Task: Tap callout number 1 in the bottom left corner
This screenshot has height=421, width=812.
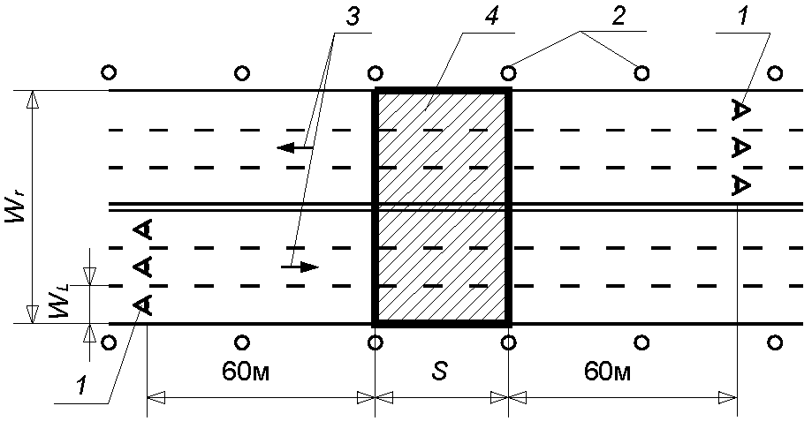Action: [x=80, y=387]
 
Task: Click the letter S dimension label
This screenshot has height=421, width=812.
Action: [x=440, y=372]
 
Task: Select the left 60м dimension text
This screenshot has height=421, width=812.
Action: [x=246, y=372]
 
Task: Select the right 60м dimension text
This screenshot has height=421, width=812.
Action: [x=607, y=372]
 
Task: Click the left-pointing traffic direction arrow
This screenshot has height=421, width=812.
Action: [x=295, y=148]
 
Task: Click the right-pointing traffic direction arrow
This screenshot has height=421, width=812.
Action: [x=300, y=267]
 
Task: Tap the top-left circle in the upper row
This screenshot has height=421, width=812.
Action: [x=109, y=72]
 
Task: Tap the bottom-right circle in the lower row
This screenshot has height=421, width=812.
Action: [x=775, y=342]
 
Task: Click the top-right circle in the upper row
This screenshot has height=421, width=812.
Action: [x=775, y=73]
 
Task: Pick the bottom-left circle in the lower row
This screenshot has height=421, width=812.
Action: [x=109, y=342]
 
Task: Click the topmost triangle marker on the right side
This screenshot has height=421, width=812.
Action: [x=741, y=110]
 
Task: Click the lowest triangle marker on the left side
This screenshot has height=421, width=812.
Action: [x=142, y=304]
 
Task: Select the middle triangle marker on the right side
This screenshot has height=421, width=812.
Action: [x=741, y=148]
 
